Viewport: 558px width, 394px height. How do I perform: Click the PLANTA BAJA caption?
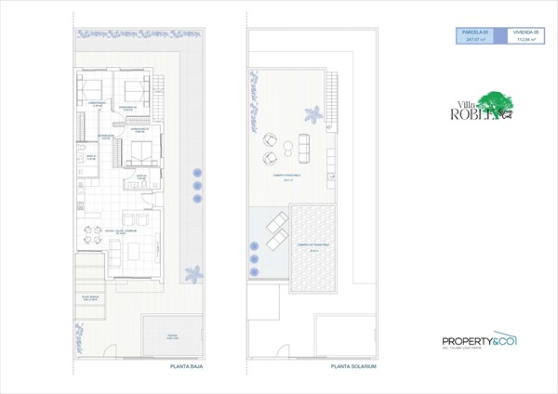point(187,367)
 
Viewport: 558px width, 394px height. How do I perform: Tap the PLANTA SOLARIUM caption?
point(353,367)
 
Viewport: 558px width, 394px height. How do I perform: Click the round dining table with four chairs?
point(89,236)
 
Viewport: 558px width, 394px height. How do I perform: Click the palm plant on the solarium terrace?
point(316,114)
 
